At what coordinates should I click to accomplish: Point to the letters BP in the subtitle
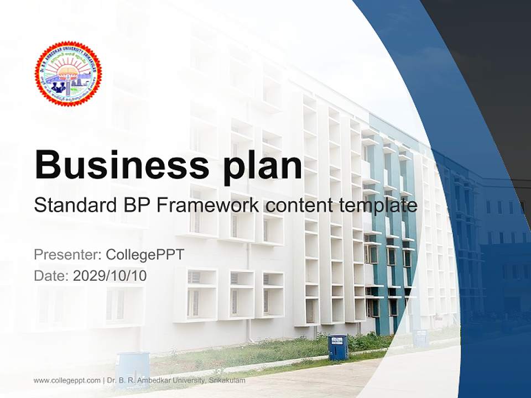pyautogui.click(x=133, y=206)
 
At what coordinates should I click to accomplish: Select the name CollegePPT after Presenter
pyautogui.click(x=144, y=255)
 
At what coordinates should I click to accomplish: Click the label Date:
pyautogui.click(x=51, y=275)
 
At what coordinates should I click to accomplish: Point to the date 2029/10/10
pyautogui.click(x=110, y=275)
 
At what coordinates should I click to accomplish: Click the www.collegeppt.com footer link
pyautogui.click(x=67, y=380)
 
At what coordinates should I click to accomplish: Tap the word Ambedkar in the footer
pyautogui.click(x=148, y=380)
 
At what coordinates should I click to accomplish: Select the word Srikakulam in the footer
pyautogui.click(x=227, y=380)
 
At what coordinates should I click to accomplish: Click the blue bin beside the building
pyautogui.click(x=338, y=347)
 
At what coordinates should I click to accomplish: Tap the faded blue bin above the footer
pyautogui.click(x=133, y=368)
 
